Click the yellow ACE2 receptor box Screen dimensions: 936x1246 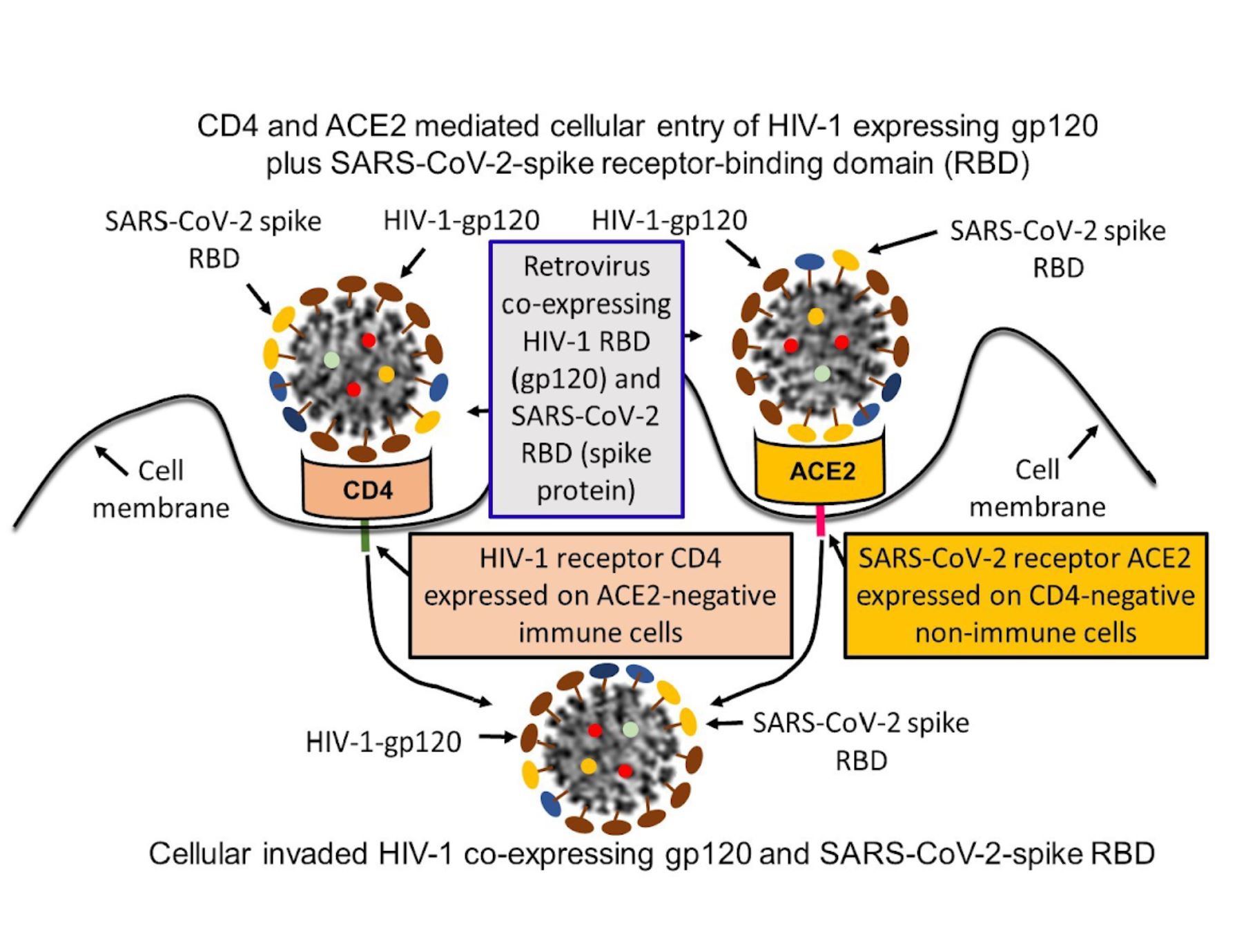pos(821,470)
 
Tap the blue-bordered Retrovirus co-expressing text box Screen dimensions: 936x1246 pos(586,379)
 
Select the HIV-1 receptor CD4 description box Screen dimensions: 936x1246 pos(600,595)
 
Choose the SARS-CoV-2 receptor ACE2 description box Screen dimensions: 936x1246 pos(1025,595)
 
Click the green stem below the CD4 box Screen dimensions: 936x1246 pos(366,537)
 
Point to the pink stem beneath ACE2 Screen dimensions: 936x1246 pos(821,521)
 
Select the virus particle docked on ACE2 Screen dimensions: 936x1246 pos(821,345)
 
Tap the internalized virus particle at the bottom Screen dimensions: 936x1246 pos(611,749)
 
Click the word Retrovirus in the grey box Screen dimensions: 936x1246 pos(586,267)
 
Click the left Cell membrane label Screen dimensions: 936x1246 pos(161,489)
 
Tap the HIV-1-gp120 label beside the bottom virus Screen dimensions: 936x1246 pos(383,742)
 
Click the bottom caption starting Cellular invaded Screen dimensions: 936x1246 pos(651,854)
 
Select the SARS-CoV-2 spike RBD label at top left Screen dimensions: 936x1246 pos(213,239)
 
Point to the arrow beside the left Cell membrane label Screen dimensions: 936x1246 pos(110,461)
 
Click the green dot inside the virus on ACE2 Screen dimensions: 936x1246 pos(821,374)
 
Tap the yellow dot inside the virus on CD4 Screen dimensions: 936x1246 pos(386,374)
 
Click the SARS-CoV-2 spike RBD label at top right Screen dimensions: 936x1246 pos(1058,249)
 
